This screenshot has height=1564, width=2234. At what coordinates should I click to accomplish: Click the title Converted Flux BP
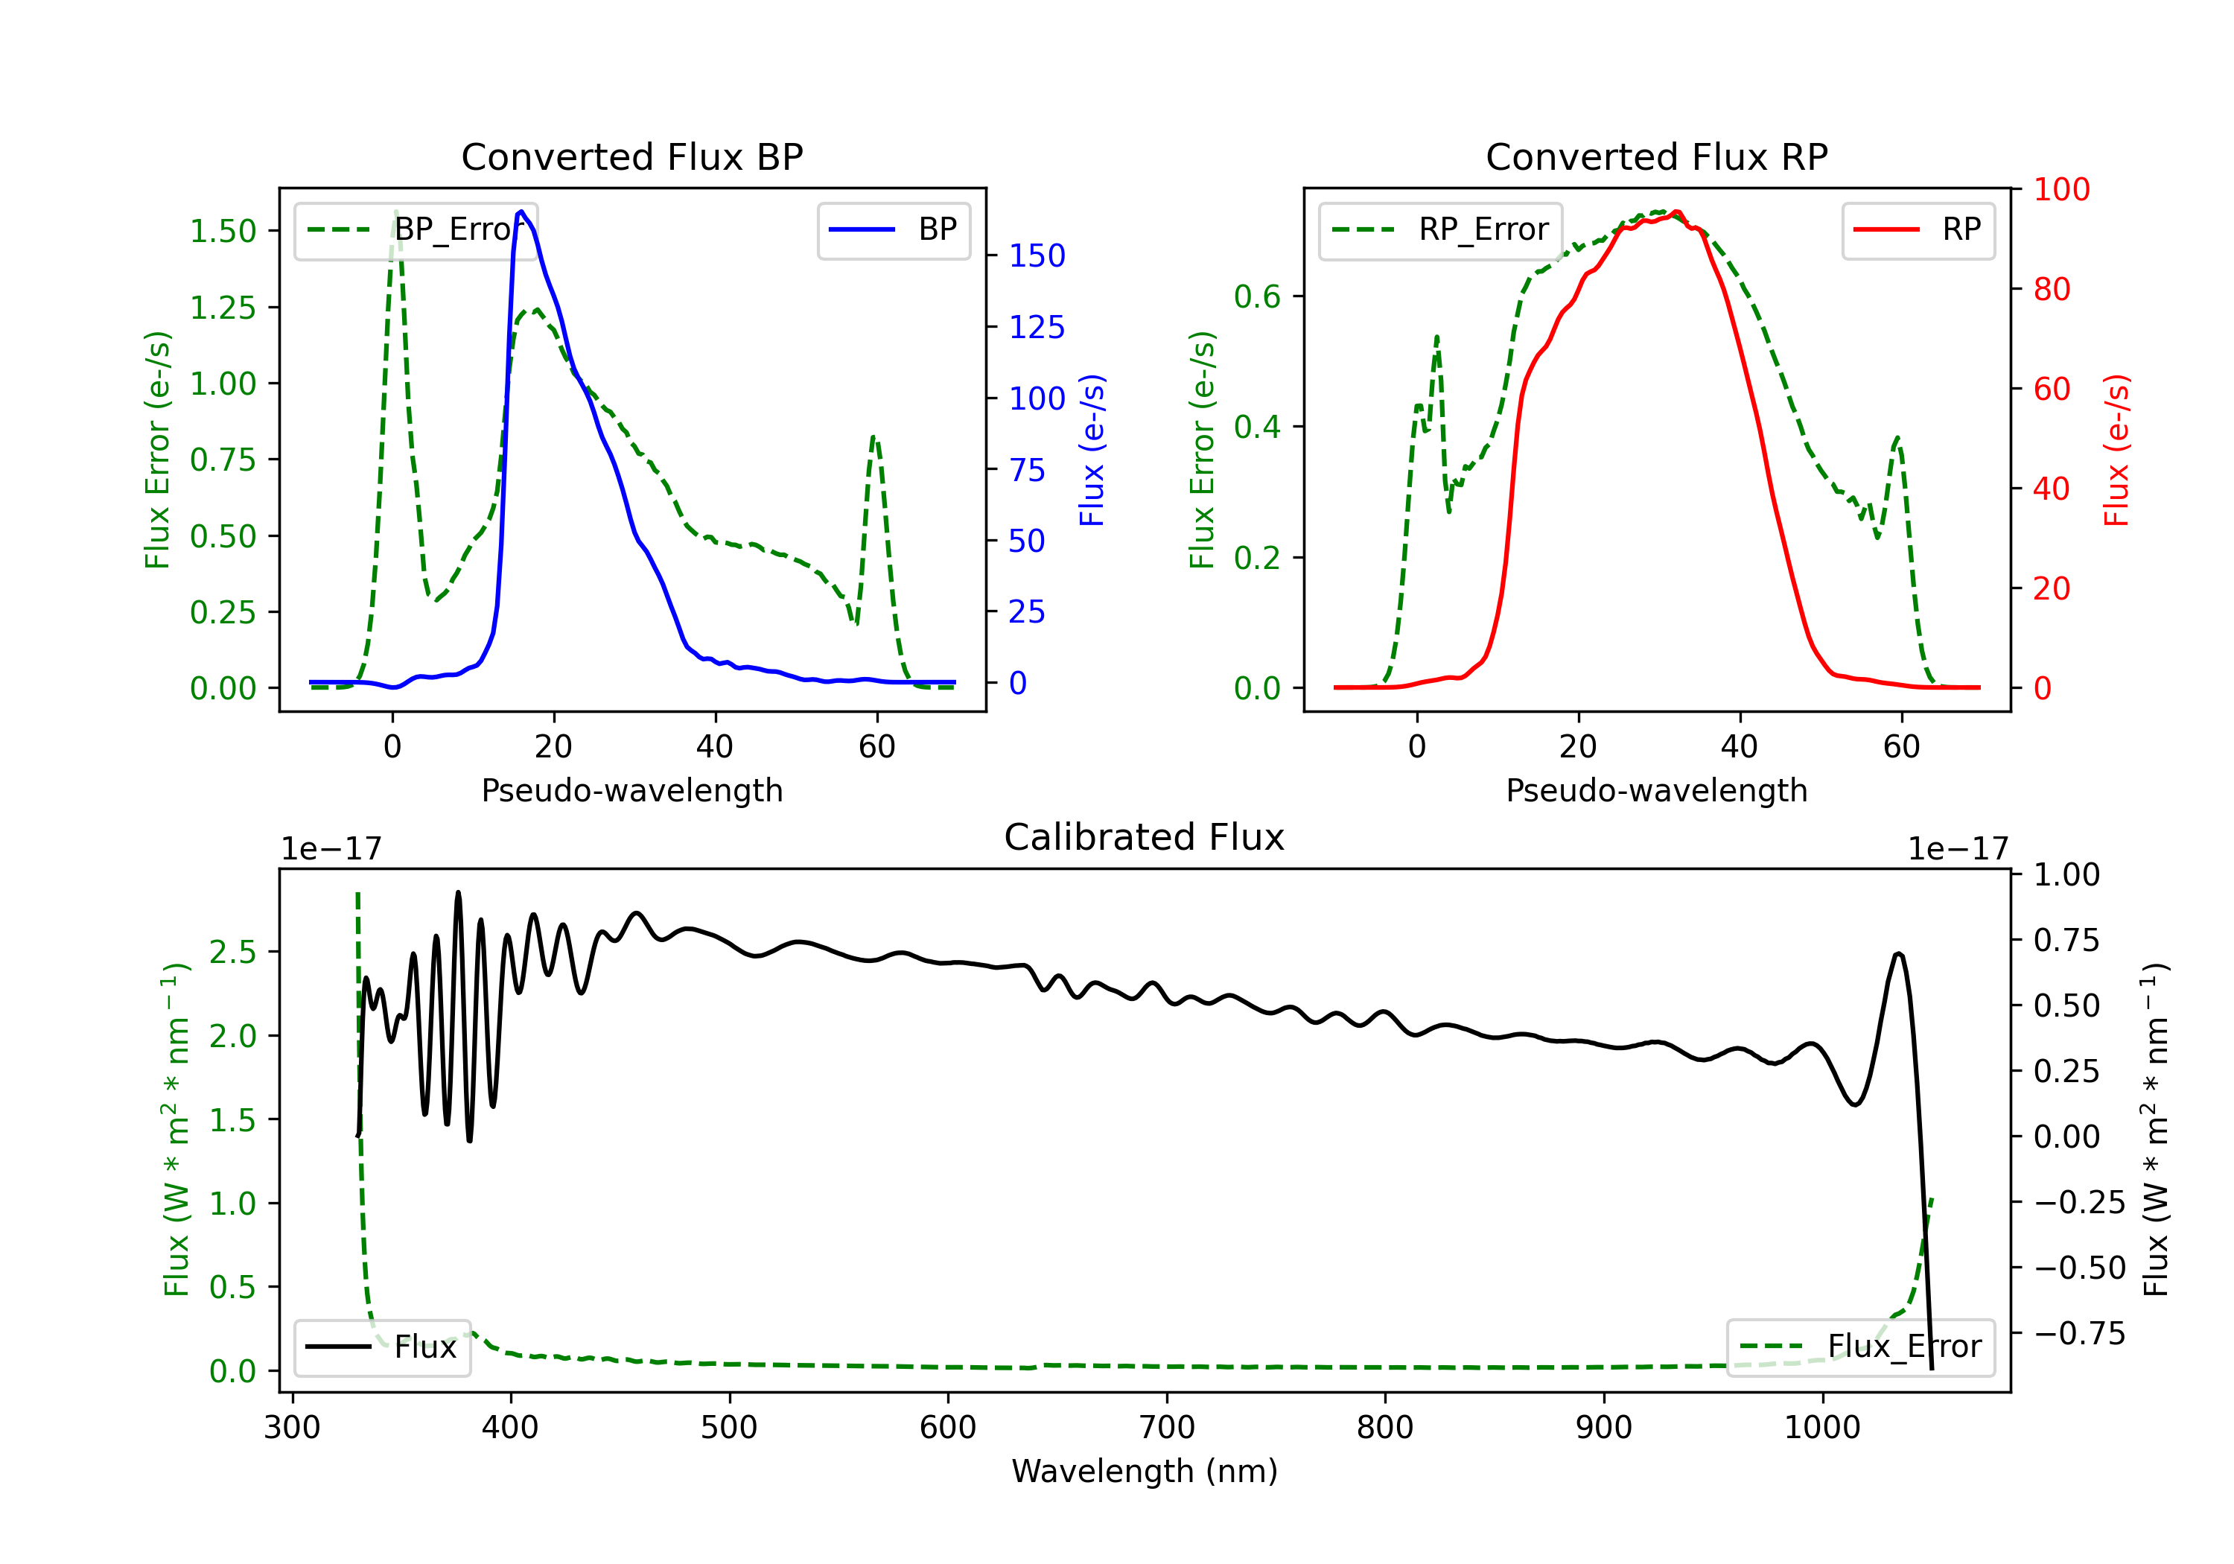[631, 156]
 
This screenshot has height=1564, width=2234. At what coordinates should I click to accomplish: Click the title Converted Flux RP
[1656, 156]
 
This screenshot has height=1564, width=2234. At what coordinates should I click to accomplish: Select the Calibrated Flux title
[1145, 837]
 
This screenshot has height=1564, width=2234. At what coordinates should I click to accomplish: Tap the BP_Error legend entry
[416, 229]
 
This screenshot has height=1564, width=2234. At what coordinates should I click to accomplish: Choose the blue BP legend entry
[893, 229]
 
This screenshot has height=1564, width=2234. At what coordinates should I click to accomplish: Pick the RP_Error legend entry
[1440, 229]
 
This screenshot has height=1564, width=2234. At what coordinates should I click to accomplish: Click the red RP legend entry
[1918, 229]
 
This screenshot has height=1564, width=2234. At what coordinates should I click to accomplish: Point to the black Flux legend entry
[381, 1347]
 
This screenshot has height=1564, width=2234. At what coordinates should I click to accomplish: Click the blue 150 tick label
[1037, 256]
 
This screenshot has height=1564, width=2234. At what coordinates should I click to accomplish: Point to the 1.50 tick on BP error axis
[223, 232]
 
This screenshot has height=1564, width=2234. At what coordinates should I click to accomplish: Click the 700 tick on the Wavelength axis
[1167, 1428]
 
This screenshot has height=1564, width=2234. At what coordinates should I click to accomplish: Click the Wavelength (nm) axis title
[1145, 1471]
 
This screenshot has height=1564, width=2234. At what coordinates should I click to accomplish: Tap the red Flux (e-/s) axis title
[2116, 450]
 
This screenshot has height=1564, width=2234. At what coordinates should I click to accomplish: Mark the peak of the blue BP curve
[521, 212]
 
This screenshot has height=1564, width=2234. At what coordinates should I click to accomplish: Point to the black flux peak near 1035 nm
[1898, 954]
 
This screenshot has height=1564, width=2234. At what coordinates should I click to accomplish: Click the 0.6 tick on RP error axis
[1257, 297]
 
